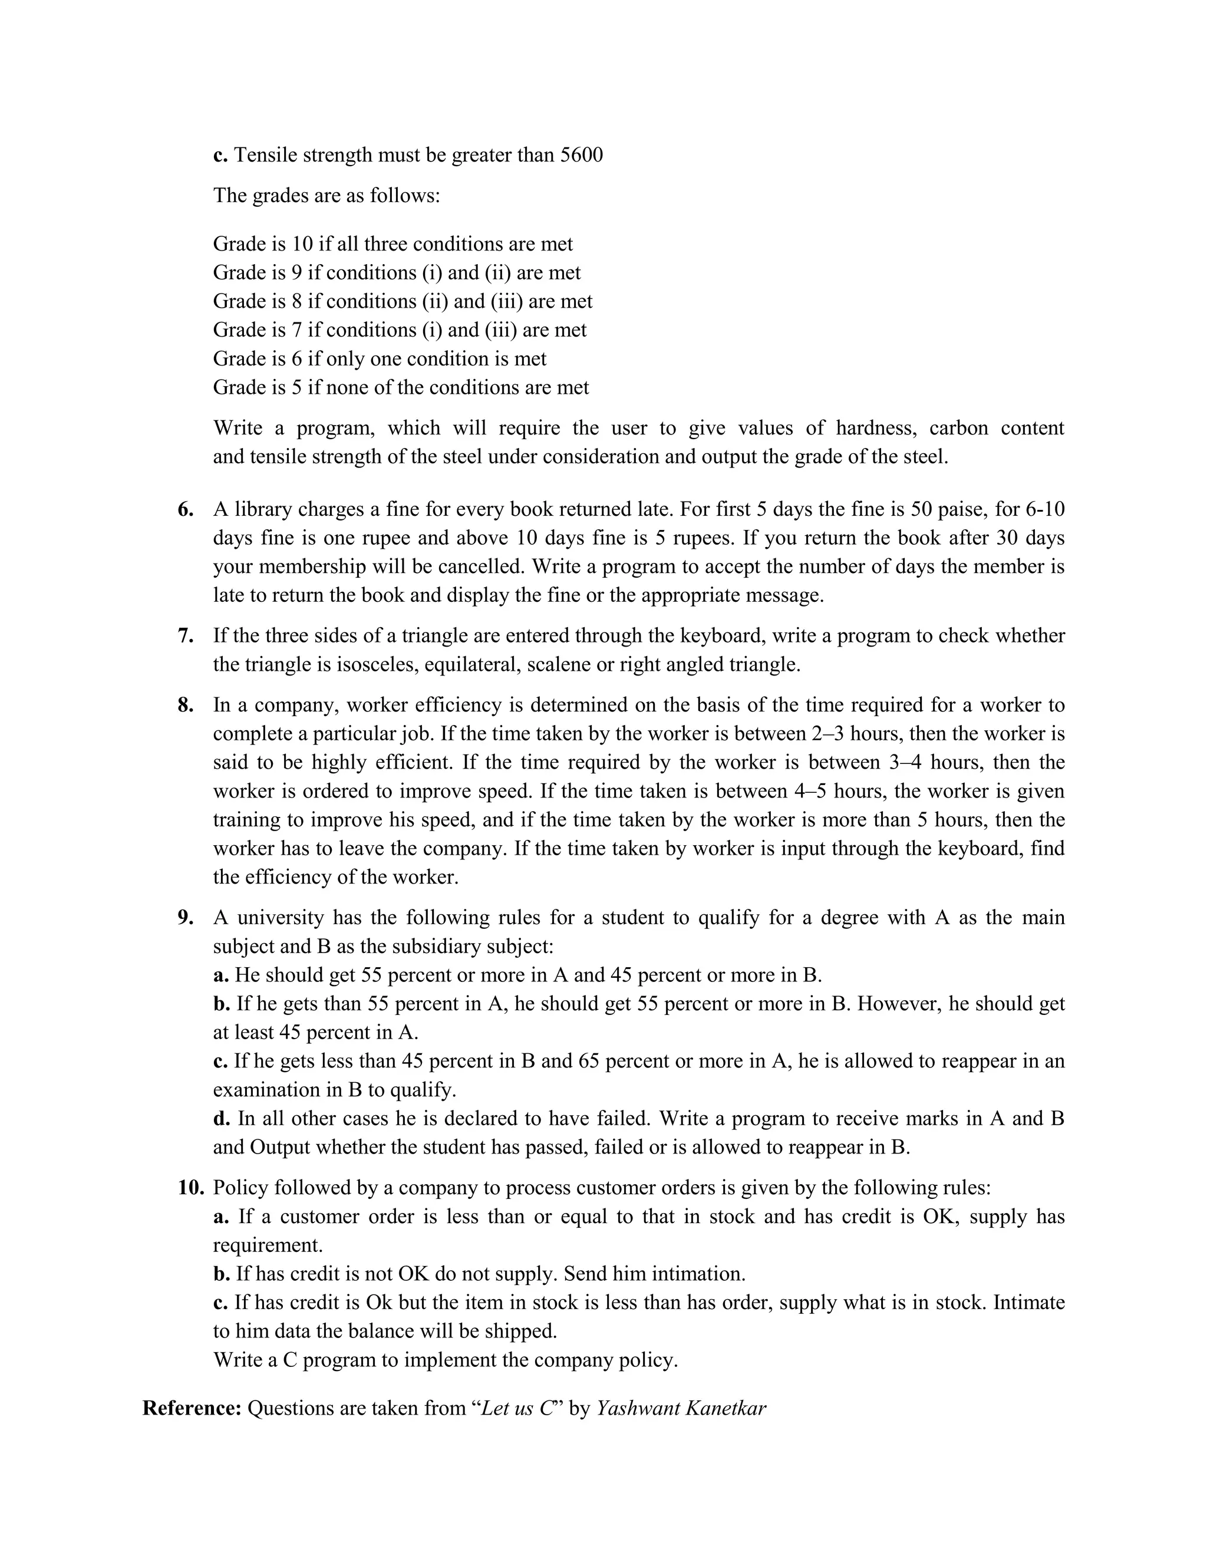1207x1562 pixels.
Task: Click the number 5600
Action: [581, 154]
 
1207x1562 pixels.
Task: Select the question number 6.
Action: [185, 509]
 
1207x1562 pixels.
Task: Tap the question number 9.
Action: [185, 917]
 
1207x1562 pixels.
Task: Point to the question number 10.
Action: [191, 1187]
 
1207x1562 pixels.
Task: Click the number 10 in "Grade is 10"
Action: [302, 244]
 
